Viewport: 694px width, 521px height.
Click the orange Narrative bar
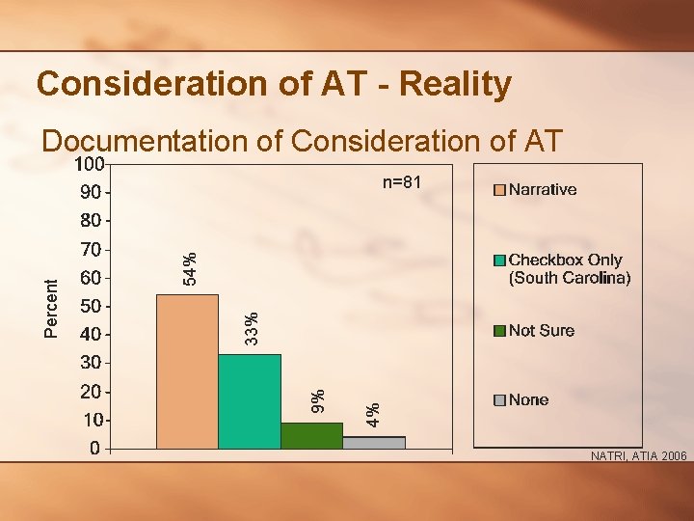(x=187, y=371)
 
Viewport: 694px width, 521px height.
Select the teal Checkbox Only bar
(x=250, y=401)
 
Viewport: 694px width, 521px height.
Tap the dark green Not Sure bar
(x=311, y=435)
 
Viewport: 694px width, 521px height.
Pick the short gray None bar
(x=374, y=442)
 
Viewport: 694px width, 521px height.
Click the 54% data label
(x=191, y=267)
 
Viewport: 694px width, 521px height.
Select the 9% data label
(x=316, y=400)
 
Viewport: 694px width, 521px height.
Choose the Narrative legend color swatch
(x=499, y=190)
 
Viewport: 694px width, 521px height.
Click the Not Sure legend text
(x=542, y=331)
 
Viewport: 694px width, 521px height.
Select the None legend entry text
(x=529, y=399)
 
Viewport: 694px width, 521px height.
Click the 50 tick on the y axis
(x=90, y=307)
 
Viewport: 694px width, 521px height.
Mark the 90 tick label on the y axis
(x=90, y=192)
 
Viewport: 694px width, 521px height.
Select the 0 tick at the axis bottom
(x=94, y=449)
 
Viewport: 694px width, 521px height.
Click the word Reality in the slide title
(x=454, y=85)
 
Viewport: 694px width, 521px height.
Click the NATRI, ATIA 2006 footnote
(x=638, y=456)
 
